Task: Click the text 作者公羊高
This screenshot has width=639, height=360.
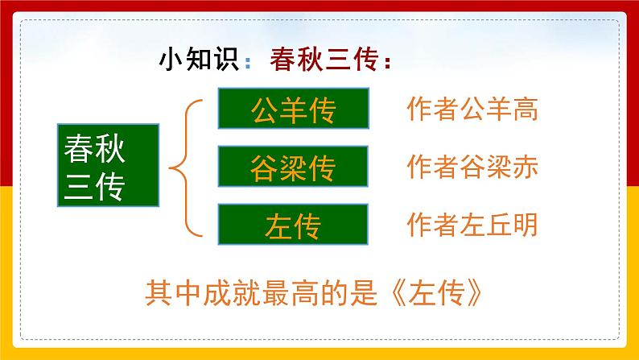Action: point(472,110)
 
